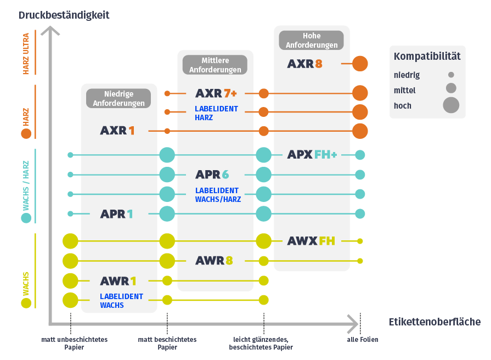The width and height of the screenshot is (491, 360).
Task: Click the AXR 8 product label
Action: tap(304, 64)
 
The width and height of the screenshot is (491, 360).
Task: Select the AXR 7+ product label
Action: tap(216, 93)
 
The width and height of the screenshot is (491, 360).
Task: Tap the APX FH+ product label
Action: tap(312, 155)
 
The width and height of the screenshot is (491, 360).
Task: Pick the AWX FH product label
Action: tap(311, 240)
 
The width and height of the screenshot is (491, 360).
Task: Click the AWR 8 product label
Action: tap(214, 260)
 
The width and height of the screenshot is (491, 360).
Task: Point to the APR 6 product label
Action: tap(212, 175)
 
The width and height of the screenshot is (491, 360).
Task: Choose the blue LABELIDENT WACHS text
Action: tap(121, 301)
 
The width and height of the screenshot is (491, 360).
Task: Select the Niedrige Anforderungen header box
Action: tap(118, 98)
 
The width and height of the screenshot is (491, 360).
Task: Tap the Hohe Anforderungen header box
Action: tap(312, 40)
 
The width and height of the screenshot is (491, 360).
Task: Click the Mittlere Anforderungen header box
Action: tap(215, 65)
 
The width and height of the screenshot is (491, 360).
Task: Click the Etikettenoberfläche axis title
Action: tap(434, 322)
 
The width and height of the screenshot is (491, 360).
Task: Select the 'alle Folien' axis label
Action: tap(363, 340)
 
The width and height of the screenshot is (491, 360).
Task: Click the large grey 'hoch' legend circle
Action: tap(451, 104)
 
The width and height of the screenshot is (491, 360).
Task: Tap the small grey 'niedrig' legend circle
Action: tap(451, 75)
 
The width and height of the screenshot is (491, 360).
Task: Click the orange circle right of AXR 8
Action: tap(360, 64)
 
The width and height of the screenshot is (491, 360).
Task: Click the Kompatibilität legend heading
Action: tap(427, 56)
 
